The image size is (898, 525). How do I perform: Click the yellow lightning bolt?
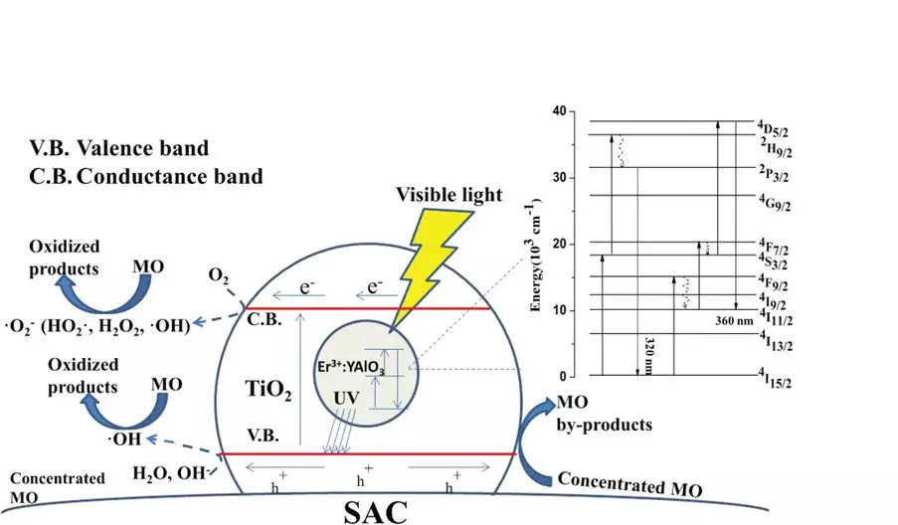click(x=439, y=262)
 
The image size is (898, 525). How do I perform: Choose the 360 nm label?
click(x=736, y=321)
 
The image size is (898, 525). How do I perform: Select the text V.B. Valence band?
click(x=120, y=149)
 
